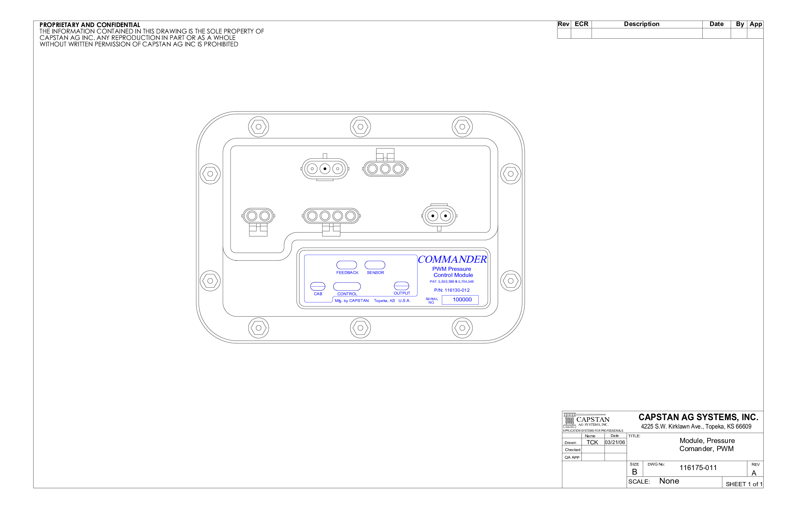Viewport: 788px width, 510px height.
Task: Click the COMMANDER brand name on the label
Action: click(x=452, y=259)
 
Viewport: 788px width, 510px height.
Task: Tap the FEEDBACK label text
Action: click(x=347, y=273)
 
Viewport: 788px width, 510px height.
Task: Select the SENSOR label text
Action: click(x=375, y=273)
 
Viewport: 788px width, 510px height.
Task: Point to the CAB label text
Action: click(x=318, y=294)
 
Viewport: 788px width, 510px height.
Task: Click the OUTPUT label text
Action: click(x=402, y=293)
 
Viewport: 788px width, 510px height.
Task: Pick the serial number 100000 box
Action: click(x=460, y=300)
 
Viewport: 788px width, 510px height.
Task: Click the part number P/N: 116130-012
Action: click(x=452, y=290)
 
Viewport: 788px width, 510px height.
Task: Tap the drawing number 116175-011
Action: click(x=698, y=467)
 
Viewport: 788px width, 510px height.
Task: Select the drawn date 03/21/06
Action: click(x=615, y=442)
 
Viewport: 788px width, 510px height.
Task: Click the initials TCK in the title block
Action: click(x=592, y=442)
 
